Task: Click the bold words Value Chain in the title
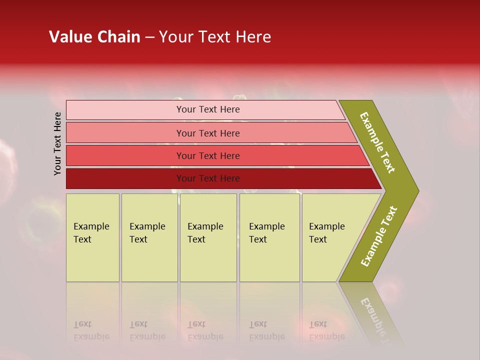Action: pos(94,37)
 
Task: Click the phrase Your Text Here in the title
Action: pos(215,37)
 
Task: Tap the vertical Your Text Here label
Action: pos(57,143)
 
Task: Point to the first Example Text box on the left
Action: pos(92,237)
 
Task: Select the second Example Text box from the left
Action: pos(149,237)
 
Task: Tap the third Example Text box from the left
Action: pos(208,237)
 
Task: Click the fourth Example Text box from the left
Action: pos(269,237)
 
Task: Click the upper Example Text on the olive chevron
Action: pos(377,142)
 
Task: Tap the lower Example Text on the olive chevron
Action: pos(379,236)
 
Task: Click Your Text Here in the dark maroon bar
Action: pos(208,178)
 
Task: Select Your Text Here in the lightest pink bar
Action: pos(208,109)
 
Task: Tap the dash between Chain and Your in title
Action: pos(149,37)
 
